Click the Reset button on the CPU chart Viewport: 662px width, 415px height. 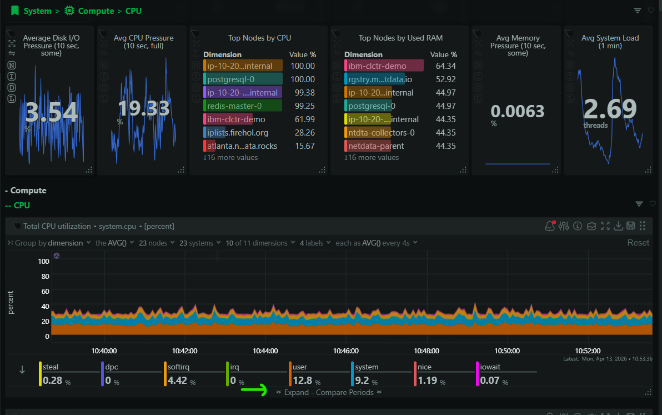[x=638, y=243]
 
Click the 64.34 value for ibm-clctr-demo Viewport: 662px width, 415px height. [x=445, y=66]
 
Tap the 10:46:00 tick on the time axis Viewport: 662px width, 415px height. [x=346, y=351]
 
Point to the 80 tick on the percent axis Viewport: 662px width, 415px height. [x=45, y=276]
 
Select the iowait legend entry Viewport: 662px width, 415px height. [x=490, y=367]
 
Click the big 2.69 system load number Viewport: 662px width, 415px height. [x=610, y=109]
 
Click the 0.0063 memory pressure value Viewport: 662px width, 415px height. [x=517, y=112]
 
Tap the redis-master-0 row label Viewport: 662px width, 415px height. [x=234, y=106]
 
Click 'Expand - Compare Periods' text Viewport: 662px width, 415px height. [x=329, y=392]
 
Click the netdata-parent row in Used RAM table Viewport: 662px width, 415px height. [x=376, y=146]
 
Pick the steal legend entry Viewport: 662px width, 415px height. [x=51, y=367]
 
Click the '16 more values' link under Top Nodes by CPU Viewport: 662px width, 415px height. [x=230, y=158]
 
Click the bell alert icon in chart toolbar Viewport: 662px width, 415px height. [x=550, y=226]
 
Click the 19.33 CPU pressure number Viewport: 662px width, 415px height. [x=143, y=108]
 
